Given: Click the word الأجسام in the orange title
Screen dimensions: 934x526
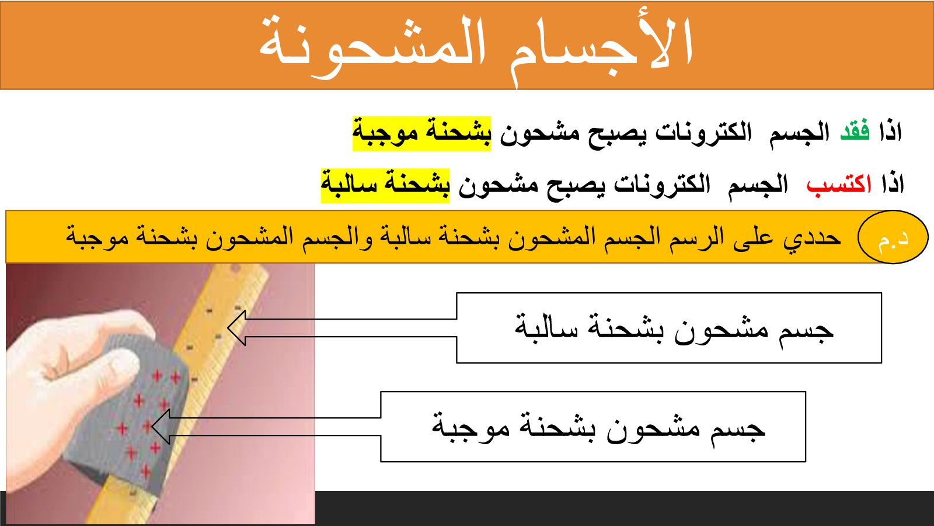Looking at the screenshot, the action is point(601,48).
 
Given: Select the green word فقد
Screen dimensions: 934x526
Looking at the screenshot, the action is point(855,131).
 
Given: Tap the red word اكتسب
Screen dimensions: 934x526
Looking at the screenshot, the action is point(839,184).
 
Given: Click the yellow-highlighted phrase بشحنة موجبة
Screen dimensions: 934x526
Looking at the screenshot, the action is point(422,134).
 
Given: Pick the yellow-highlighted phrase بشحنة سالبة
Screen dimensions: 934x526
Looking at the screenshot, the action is point(385,186).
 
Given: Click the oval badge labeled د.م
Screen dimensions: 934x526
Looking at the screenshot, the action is point(893,237).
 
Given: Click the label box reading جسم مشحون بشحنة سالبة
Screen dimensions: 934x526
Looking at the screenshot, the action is point(669,328).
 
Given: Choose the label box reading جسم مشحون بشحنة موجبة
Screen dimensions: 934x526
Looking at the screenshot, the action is point(593,427).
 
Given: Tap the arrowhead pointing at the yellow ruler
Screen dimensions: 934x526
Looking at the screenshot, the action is point(236,328).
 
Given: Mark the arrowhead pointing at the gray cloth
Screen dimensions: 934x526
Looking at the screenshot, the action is point(161,427).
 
